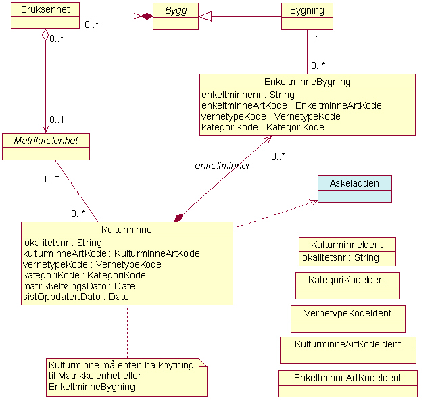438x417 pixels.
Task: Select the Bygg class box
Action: pyautogui.click(x=176, y=16)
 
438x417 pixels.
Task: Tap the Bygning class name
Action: pyautogui.click(x=307, y=10)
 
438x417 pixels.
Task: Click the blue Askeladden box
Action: pyautogui.click(x=354, y=189)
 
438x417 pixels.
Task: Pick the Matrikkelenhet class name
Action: pyautogui.click(x=46, y=141)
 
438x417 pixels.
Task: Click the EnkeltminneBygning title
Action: pyautogui.click(x=307, y=82)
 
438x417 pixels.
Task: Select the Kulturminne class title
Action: pyautogui.click(x=126, y=230)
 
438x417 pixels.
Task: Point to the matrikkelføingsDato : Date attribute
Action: pyautogui.click(x=79, y=286)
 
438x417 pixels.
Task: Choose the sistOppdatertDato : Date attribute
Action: pyautogui.click(x=76, y=297)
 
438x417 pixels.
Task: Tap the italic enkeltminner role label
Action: pyautogui.click(x=222, y=166)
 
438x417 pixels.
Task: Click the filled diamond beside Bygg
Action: pyautogui.click(x=146, y=16)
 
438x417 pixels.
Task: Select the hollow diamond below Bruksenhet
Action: pyautogui.click(x=45, y=34)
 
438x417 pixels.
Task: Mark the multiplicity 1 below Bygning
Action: pyautogui.click(x=317, y=39)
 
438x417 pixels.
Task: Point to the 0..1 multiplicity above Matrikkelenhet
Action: pyautogui.click(x=57, y=120)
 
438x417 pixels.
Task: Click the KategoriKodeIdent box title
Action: pyautogui.click(x=347, y=279)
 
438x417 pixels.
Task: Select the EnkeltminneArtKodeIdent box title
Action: pyautogui.click(x=347, y=378)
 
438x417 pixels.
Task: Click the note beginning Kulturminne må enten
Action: pyautogui.click(x=126, y=376)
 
